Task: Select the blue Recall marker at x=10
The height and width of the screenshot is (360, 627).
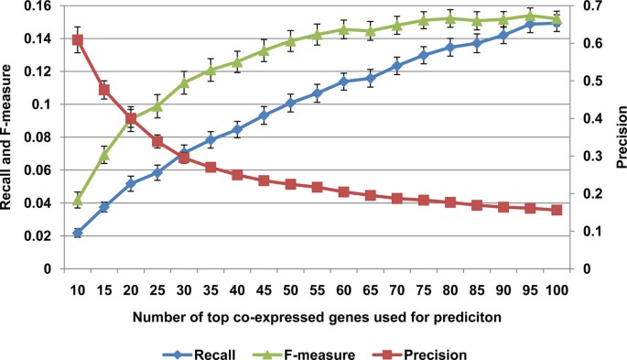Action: (x=78, y=233)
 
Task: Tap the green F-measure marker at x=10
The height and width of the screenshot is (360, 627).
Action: (x=78, y=200)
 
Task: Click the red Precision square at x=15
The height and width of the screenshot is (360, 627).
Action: (x=104, y=90)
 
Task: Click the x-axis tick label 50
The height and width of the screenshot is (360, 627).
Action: (x=290, y=289)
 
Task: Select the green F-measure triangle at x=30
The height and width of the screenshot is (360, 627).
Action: (x=184, y=82)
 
